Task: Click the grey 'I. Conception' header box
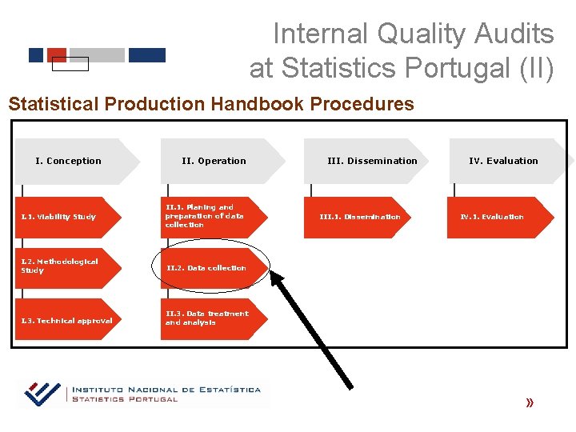[x=70, y=161]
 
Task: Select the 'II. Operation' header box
[x=214, y=161]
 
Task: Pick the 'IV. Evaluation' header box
[x=503, y=161]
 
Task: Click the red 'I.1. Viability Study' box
[x=60, y=217]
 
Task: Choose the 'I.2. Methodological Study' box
[x=60, y=266]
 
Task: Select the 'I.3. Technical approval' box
[x=66, y=321]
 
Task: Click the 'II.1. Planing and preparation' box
[x=206, y=216]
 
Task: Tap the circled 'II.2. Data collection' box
[x=206, y=268]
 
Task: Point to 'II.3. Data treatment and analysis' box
[x=207, y=318]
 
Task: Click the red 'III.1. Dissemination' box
[x=360, y=217]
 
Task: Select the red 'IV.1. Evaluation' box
[x=492, y=217]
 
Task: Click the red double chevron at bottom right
[x=530, y=403]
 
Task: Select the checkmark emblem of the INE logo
[x=42, y=393]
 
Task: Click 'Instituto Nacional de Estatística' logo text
[x=166, y=390]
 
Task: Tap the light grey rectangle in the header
[x=97, y=55]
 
